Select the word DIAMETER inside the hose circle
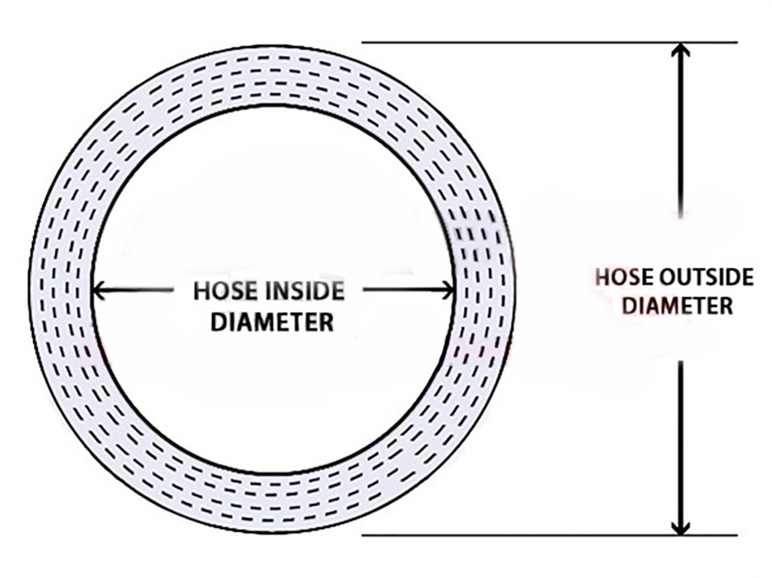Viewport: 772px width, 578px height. (x=272, y=322)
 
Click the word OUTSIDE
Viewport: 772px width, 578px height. (x=706, y=278)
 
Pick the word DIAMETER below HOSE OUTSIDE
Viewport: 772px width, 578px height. (x=678, y=306)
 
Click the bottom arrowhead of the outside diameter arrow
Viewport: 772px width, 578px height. (x=681, y=527)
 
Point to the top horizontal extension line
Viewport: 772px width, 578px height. (x=549, y=43)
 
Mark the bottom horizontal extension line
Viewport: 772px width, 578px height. (x=549, y=535)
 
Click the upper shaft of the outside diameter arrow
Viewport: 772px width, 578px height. (x=681, y=131)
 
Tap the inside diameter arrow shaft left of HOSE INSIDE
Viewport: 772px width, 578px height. (x=132, y=290)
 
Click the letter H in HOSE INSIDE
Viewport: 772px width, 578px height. (x=201, y=291)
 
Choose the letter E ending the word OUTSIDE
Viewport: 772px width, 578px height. (x=748, y=278)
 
